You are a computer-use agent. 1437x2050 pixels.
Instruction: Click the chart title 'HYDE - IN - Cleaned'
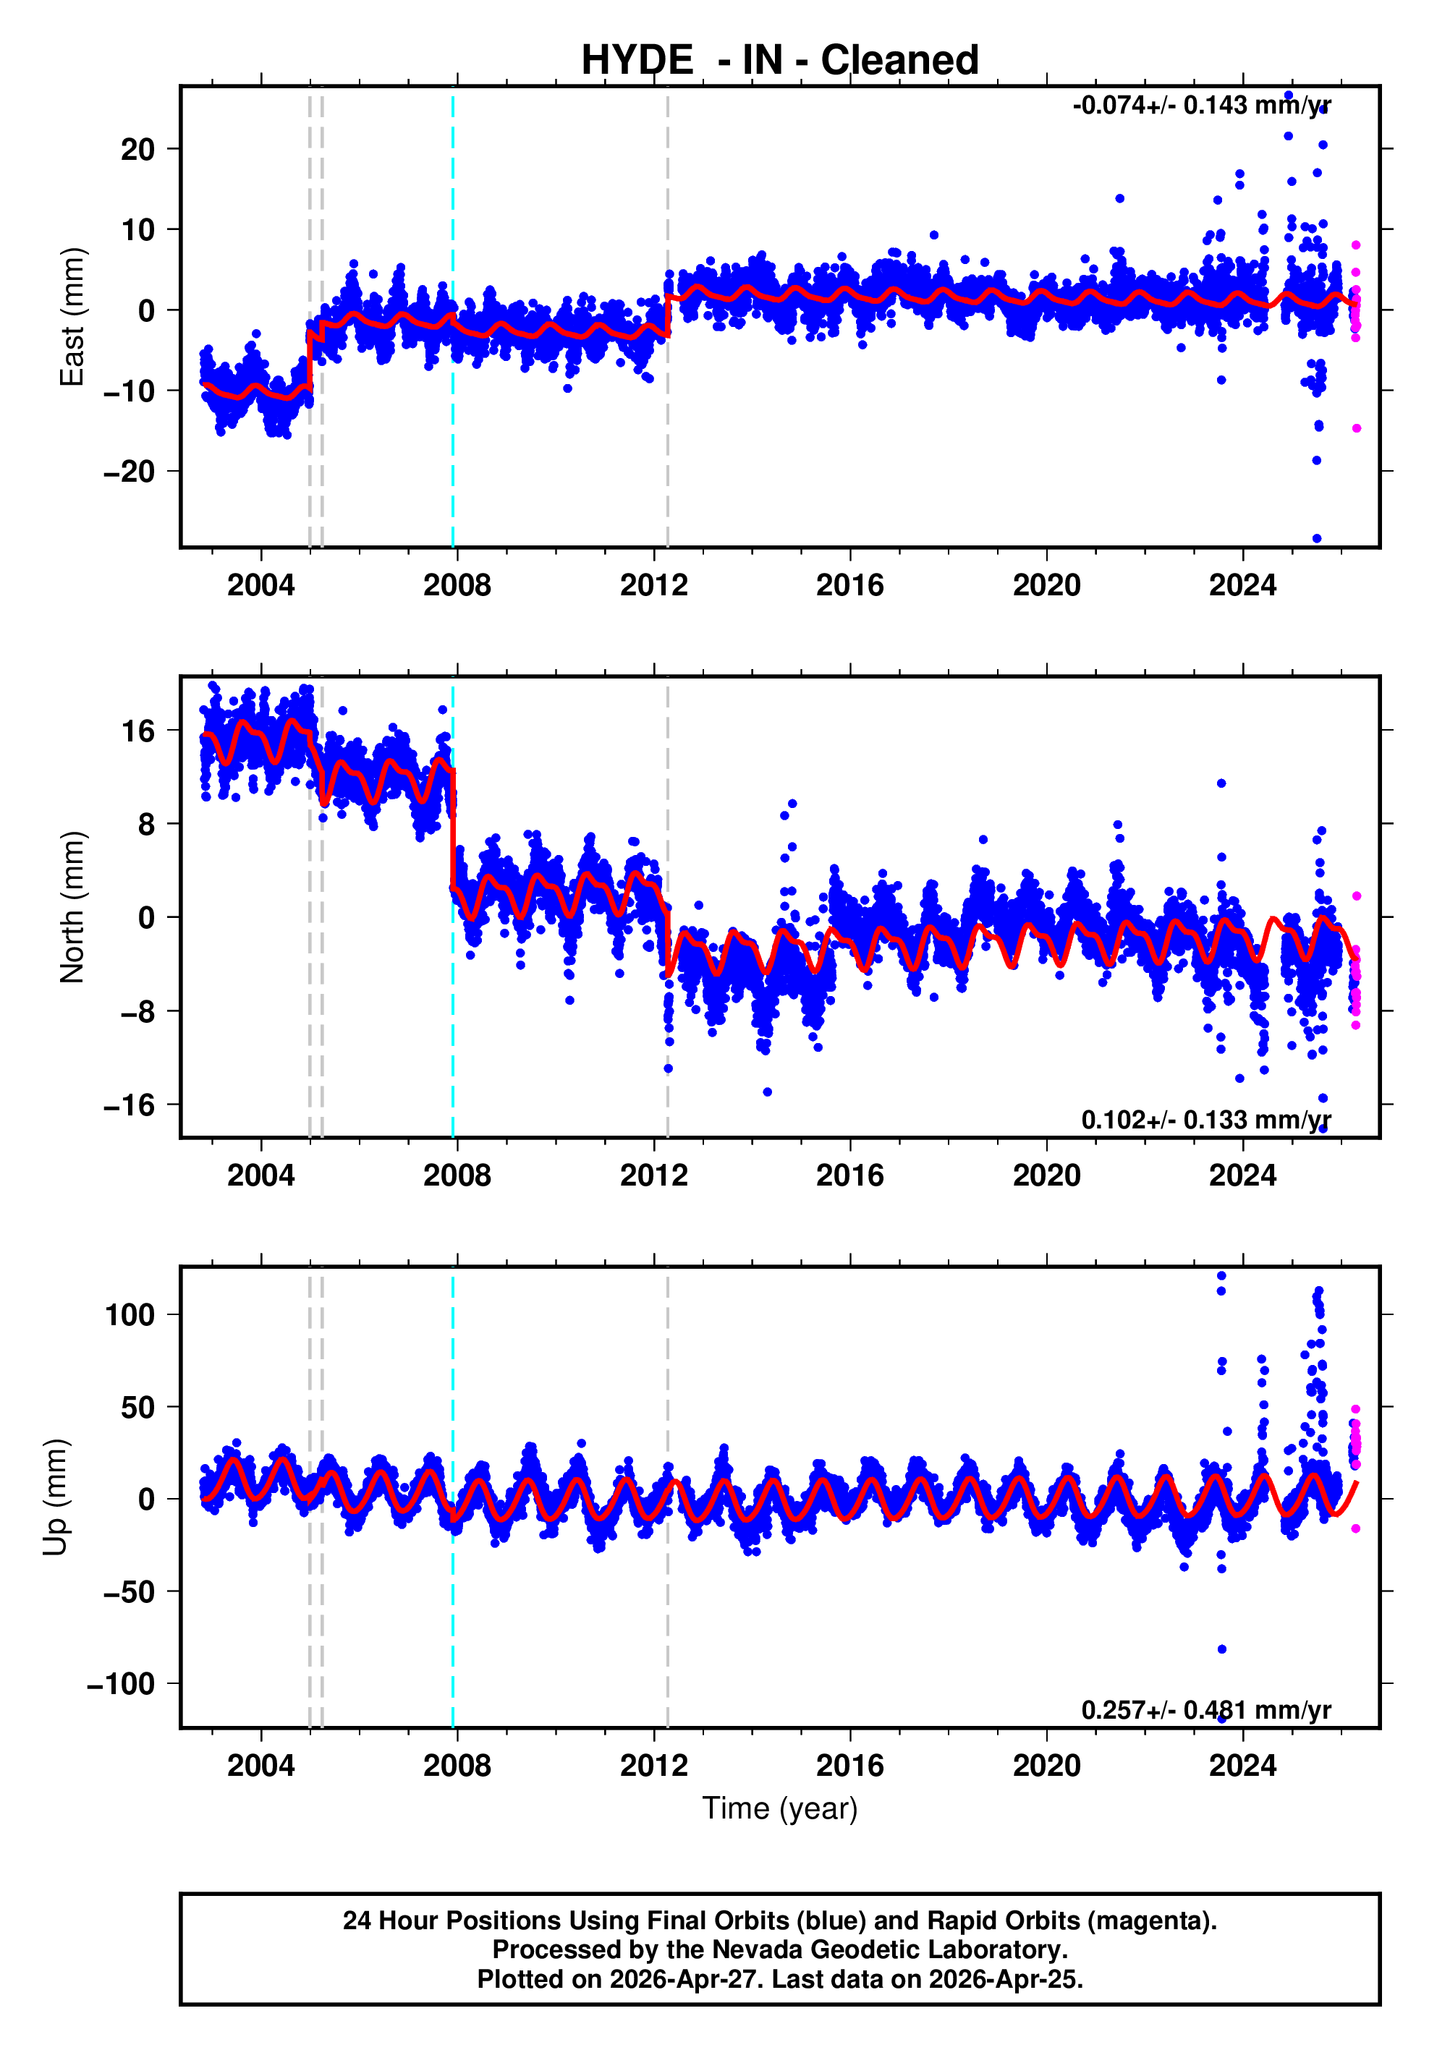click(780, 61)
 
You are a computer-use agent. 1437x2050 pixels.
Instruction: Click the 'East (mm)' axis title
click(72, 317)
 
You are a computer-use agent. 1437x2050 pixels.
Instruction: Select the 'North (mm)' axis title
click(72, 907)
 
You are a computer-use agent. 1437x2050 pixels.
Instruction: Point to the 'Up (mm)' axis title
click(56, 1497)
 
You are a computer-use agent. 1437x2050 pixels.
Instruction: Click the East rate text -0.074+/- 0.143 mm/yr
click(1201, 106)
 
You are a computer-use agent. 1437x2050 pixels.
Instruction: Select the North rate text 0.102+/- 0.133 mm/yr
click(1205, 1120)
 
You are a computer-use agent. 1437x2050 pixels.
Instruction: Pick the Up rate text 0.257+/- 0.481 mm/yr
click(1205, 1710)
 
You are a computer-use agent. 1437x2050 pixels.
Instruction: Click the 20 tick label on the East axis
click(138, 149)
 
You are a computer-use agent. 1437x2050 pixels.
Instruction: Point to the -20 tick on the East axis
click(130, 472)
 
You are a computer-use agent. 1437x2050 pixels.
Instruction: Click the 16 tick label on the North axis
click(138, 732)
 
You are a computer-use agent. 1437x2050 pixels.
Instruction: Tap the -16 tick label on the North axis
click(130, 1106)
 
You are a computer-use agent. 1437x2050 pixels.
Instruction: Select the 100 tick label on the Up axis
click(130, 1315)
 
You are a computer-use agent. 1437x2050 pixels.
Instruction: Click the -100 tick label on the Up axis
click(122, 1684)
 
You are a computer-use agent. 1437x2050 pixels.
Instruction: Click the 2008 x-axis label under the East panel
click(457, 586)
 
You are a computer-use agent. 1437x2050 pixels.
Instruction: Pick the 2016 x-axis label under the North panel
click(849, 1176)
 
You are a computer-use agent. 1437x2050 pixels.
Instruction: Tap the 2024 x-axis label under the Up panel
click(1242, 1766)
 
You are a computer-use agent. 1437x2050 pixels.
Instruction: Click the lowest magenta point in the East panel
click(1356, 428)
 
